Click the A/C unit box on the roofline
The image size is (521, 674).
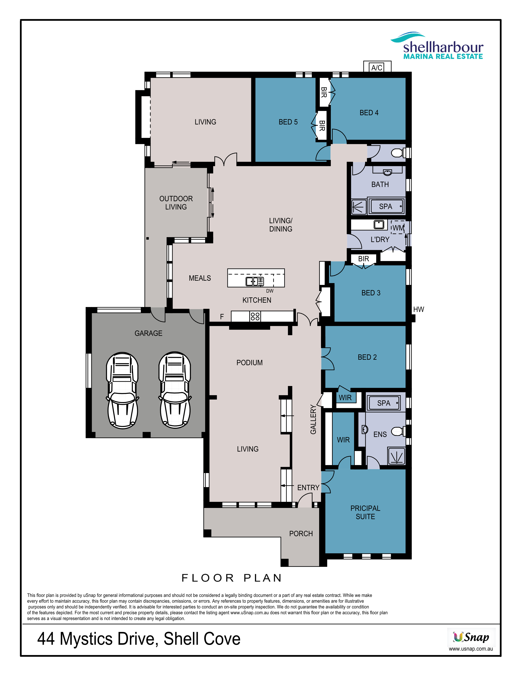click(x=377, y=67)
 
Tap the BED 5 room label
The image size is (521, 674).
click(x=288, y=122)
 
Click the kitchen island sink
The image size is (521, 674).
click(x=255, y=281)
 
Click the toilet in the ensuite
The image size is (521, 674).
click(x=398, y=431)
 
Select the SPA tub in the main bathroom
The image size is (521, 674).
click(x=386, y=206)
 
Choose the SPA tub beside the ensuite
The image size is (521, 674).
click(x=384, y=403)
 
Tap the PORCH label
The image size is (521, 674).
click(x=301, y=533)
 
